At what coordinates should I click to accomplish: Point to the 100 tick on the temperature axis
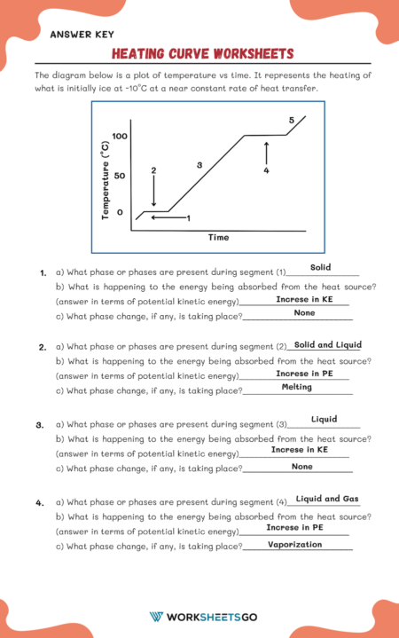[x=121, y=136]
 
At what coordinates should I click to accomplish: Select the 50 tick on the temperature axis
[x=120, y=176]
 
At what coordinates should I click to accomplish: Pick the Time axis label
[x=218, y=238]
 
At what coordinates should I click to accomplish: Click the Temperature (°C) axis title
[x=106, y=179]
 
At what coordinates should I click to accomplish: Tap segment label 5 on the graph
[x=291, y=120]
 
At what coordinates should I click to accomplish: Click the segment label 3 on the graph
[x=199, y=165]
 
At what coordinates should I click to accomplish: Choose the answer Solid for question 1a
[x=321, y=267]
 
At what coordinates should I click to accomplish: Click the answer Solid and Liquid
[x=327, y=345]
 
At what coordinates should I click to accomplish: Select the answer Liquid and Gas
[x=327, y=499]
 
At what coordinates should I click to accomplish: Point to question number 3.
[x=40, y=425]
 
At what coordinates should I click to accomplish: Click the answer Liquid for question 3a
[x=324, y=420]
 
